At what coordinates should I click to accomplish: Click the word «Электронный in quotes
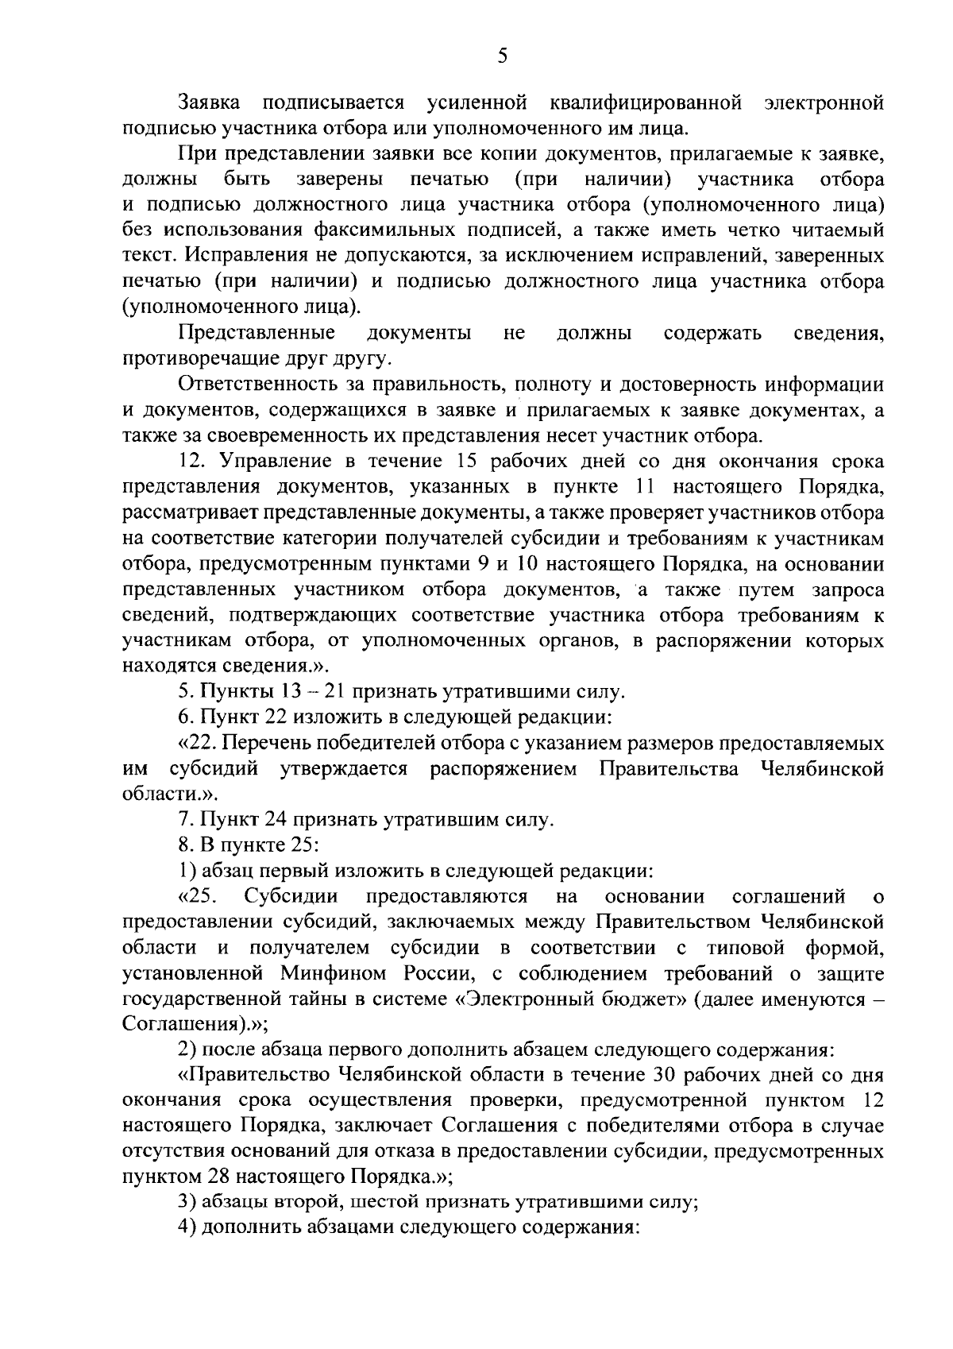click(519, 999)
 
